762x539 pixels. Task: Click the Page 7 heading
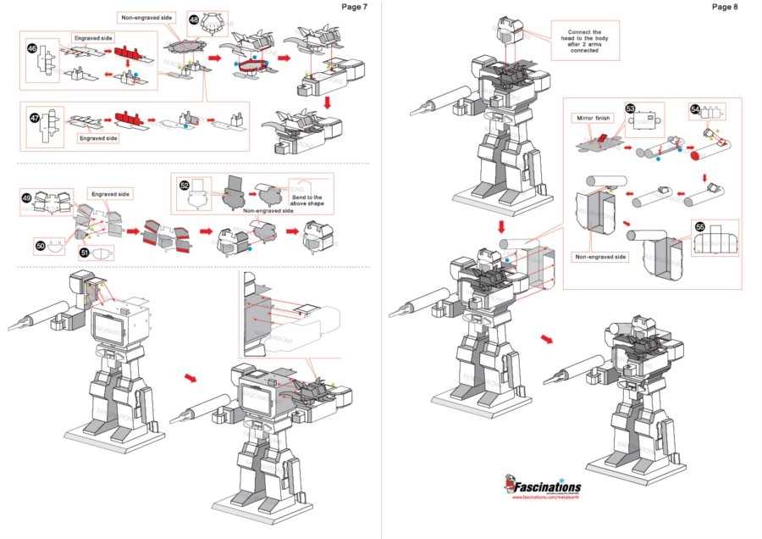pos(354,7)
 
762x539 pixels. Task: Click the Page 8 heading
pos(725,7)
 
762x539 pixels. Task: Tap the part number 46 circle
pos(32,49)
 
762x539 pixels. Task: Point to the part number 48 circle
pos(194,19)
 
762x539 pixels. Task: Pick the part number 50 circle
pos(40,244)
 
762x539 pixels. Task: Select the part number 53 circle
pos(630,109)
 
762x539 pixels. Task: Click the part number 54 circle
pos(694,109)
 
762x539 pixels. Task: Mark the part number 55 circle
pos(699,226)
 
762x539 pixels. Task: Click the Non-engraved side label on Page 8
pos(600,257)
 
